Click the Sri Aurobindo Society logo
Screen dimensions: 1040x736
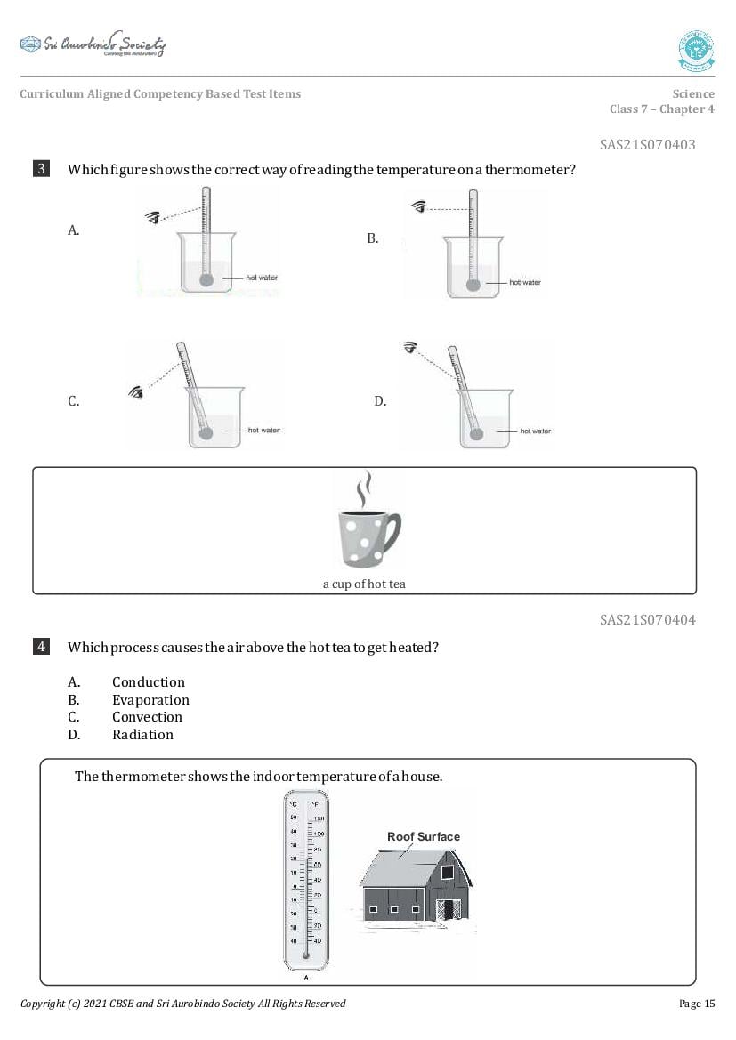pyautogui.click(x=93, y=44)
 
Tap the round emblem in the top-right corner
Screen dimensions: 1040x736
pyautogui.click(x=696, y=50)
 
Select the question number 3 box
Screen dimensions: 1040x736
pyautogui.click(x=42, y=169)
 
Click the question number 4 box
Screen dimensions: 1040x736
pyautogui.click(x=42, y=647)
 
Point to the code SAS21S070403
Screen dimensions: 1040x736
pyautogui.click(x=647, y=144)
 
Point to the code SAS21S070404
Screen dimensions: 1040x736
pyautogui.click(x=647, y=619)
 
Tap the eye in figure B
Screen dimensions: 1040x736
pyautogui.click(x=419, y=207)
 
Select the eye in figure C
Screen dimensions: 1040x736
pyautogui.click(x=137, y=391)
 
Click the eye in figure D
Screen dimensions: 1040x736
pyautogui.click(x=409, y=347)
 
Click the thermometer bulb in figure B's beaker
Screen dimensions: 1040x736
pyautogui.click(x=474, y=286)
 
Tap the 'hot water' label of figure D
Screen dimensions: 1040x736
pyautogui.click(x=535, y=431)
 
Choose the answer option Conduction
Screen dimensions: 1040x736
pyautogui.click(x=148, y=682)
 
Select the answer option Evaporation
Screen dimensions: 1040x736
pyautogui.click(x=150, y=700)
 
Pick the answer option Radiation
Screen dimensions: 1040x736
pyautogui.click(x=142, y=735)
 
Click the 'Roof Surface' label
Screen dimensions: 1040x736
pyautogui.click(x=424, y=836)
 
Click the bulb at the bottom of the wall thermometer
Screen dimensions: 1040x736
pyautogui.click(x=305, y=956)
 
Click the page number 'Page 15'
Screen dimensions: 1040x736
pyautogui.click(x=696, y=1004)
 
